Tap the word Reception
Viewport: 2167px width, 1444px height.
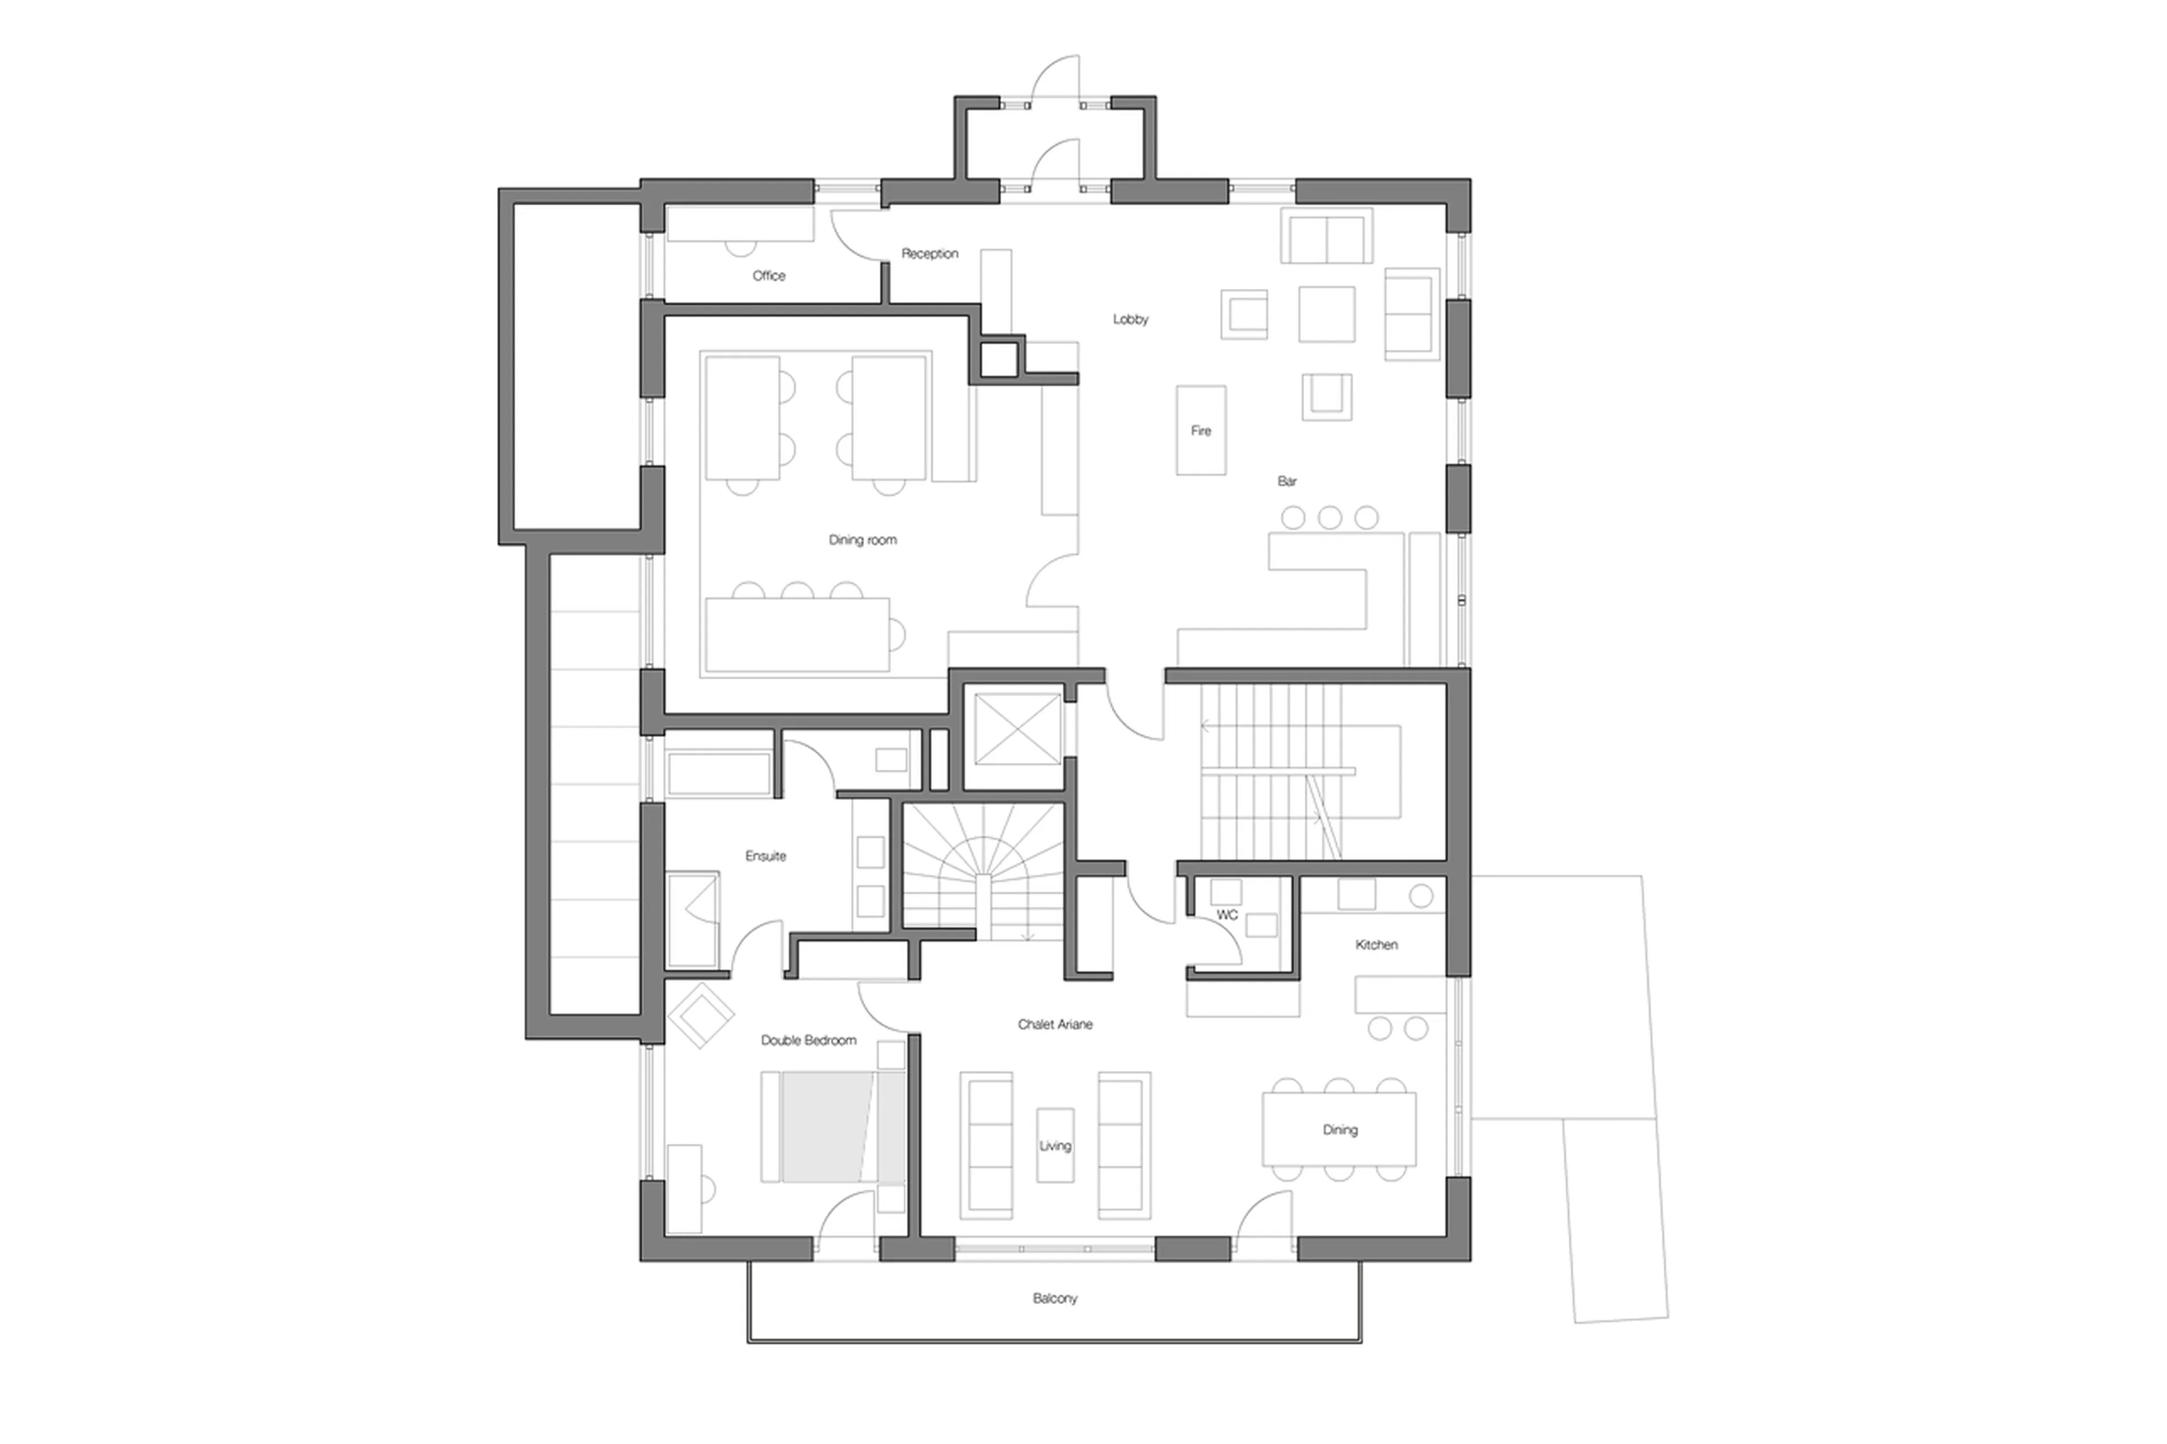tap(929, 253)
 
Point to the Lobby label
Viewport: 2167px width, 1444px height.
tap(1130, 319)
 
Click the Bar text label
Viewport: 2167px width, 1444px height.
tap(1287, 481)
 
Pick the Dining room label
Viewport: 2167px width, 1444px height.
tap(862, 539)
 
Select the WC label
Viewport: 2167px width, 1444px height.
tap(1227, 915)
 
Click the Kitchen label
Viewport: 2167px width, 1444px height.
tap(1376, 945)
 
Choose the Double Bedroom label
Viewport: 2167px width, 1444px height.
tap(808, 1041)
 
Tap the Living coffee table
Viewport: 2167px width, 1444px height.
tap(1055, 1145)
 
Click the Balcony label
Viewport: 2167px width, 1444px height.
tap(1055, 1298)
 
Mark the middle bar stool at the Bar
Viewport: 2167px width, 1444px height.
tap(1329, 517)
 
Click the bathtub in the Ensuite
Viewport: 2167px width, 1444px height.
tap(718, 774)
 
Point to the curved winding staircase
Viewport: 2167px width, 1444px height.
tap(982, 866)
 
